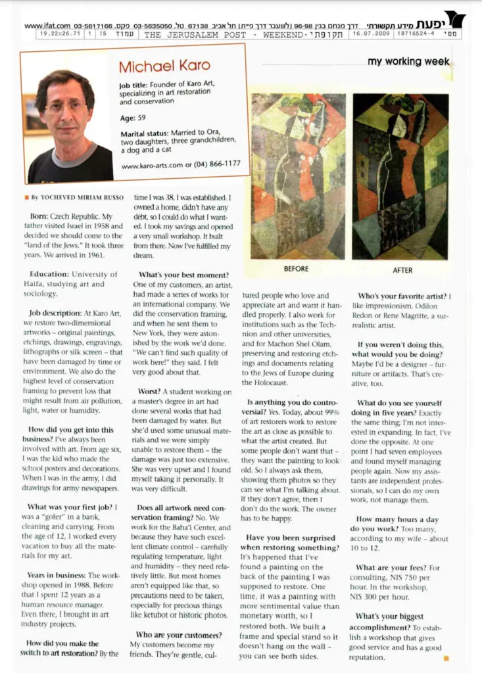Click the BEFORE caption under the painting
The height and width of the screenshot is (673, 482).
tap(297, 269)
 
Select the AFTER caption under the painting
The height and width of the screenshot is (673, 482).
tap(402, 269)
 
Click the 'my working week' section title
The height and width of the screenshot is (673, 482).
tap(408, 61)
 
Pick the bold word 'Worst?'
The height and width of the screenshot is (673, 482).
tap(148, 392)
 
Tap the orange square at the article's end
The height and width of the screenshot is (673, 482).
tap(446, 657)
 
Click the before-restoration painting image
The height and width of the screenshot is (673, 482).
tap(298, 176)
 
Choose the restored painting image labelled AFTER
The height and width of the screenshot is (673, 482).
tap(400, 176)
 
